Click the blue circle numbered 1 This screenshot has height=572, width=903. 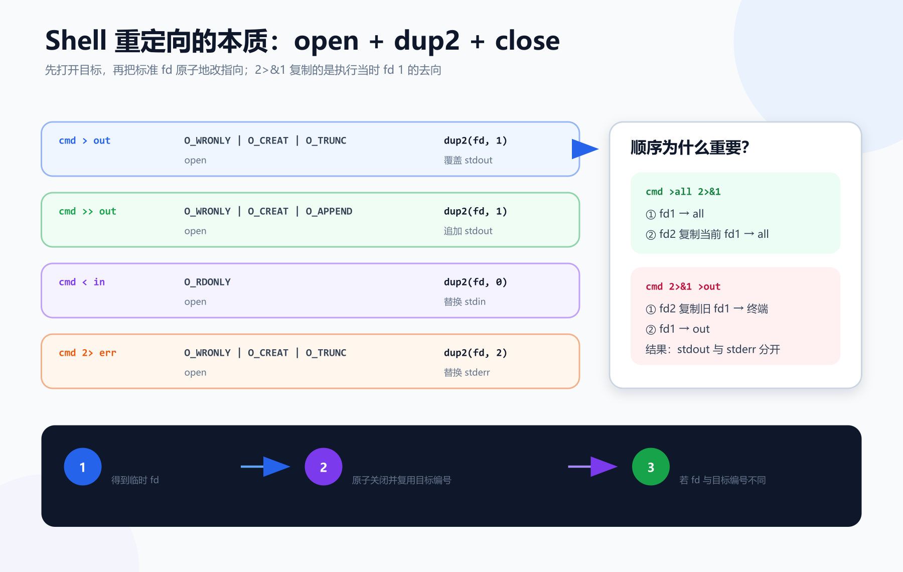click(x=83, y=467)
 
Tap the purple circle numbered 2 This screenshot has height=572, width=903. click(x=324, y=467)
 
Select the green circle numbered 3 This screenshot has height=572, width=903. click(x=651, y=467)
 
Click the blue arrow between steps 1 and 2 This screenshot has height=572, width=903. click(x=265, y=467)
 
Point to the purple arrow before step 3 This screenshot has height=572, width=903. click(x=592, y=467)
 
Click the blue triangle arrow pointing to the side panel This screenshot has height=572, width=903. click(x=585, y=149)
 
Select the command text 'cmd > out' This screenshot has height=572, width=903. click(x=84, y=140)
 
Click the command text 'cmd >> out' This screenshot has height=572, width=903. click(x=87, y=211)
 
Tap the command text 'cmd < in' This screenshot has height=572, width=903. click(x=82, y=282)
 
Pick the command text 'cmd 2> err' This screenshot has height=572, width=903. click(x=87, y=353)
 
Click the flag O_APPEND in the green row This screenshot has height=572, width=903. click(x=329, y=211)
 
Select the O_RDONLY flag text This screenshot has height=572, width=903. click(x=207, y=282)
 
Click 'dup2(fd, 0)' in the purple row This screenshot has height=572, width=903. click(x=475, y=282)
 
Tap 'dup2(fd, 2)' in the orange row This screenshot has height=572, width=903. click(x=475, y=353)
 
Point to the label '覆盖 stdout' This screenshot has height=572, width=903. click(x=468, y=160)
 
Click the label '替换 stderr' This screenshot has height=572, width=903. click(x=467, y=372)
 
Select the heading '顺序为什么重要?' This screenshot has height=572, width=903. click(x=690, y=148)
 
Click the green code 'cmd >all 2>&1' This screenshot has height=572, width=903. click(x=683, y=192)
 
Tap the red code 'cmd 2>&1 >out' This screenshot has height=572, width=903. click(x=683, y=287)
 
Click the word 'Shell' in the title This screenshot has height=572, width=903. click(x=76, y=40)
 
